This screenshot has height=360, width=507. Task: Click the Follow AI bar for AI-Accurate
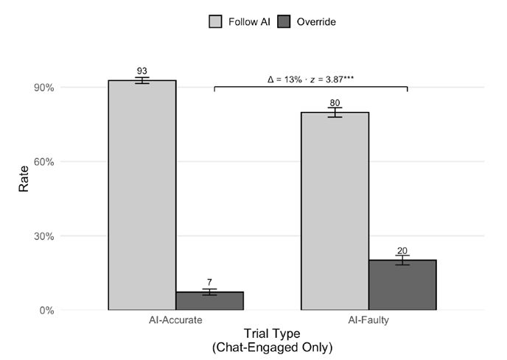[x=142, y=195]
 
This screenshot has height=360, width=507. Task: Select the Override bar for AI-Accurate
[x=209, y=301]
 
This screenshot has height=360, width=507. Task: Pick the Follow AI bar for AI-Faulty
[x=335, y=211]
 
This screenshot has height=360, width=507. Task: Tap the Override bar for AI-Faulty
[x=402, y=285]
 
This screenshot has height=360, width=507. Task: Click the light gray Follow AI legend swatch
[x=216, y=22]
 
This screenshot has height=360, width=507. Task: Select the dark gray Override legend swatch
[x=284, y=22]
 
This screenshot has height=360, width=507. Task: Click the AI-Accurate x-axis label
[x=175, y=322]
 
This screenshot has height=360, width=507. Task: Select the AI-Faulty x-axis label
[x=368, y=322]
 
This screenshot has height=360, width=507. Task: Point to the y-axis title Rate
[x=24, y=180]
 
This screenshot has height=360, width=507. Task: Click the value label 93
[x=142, y=71]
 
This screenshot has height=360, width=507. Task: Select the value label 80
[x=335, y=103]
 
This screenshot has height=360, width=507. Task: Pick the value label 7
[x=209, y=283]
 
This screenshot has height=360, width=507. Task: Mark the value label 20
[x=402, y=251]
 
